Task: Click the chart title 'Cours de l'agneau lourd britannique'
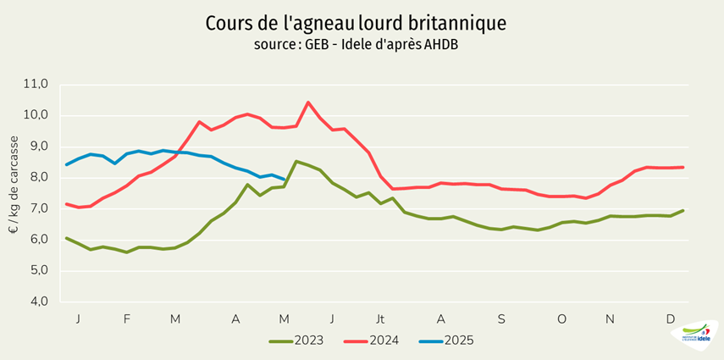click(x=361, y=22)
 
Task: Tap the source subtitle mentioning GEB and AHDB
click(x=361, y=44)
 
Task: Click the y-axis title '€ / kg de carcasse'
click(x=14, y=193)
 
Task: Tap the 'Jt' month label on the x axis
click(x=380, y=319)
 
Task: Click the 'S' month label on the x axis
click(x=501, y=319)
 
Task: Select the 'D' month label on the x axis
click(x=670, y=319)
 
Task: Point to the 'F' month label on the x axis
click(x=127, y=319)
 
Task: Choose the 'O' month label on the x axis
click(x=561, y=319)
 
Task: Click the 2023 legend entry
click(x=294, y=341)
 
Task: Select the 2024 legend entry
click(x=368, y=341)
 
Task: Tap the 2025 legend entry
click(x=445, y=341)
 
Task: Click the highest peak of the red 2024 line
click(x=308, y=102)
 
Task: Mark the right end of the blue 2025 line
click(x=285, y=180)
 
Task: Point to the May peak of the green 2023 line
click(x=296, y=161)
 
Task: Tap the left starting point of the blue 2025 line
click(x=66, y=165)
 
